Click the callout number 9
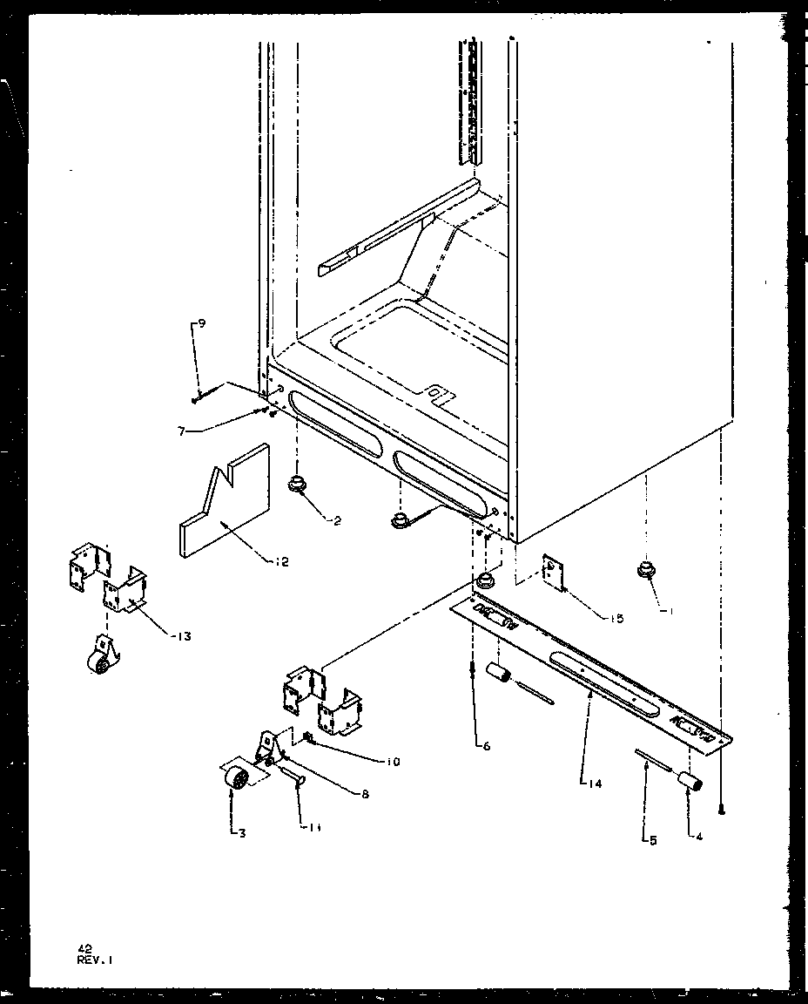point(201,324)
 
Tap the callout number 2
point(337,521)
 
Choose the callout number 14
point(593,784)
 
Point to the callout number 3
point(241,833)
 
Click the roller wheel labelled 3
point(233,777)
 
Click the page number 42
point(84,949)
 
